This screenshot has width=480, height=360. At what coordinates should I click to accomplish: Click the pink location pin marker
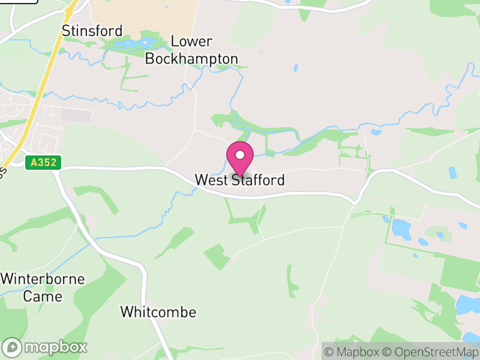coord(240,158)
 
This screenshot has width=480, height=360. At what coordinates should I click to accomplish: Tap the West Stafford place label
coord(239,180)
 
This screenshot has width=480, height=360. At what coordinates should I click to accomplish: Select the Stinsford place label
coord(92,31)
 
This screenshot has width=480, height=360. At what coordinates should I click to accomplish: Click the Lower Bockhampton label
coord(192,50)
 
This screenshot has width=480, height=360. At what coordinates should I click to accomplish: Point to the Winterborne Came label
coord(43,287)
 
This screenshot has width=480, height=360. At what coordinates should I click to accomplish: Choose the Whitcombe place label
coord(158,312)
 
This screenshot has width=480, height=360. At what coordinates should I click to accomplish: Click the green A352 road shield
coord(36,162)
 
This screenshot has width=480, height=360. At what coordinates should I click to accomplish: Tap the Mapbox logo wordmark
coord(46,347)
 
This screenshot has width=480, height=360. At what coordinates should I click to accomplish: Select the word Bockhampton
coord(192,59)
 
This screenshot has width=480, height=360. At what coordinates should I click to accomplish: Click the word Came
coord(43,296)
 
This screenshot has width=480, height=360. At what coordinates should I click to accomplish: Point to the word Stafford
coord(258,180)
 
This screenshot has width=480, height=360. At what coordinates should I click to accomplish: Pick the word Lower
coord(192,41)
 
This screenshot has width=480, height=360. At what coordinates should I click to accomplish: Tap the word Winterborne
coord(43,279)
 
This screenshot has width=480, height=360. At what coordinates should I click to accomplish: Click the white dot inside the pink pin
coord(240,155)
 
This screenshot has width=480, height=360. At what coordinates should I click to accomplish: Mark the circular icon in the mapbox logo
coord(13,347)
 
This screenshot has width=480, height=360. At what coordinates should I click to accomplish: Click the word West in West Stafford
coord(212,180)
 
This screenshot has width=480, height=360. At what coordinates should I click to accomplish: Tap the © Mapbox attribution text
coord(354,352)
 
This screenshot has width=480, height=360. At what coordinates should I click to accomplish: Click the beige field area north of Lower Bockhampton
coord(144,15)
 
